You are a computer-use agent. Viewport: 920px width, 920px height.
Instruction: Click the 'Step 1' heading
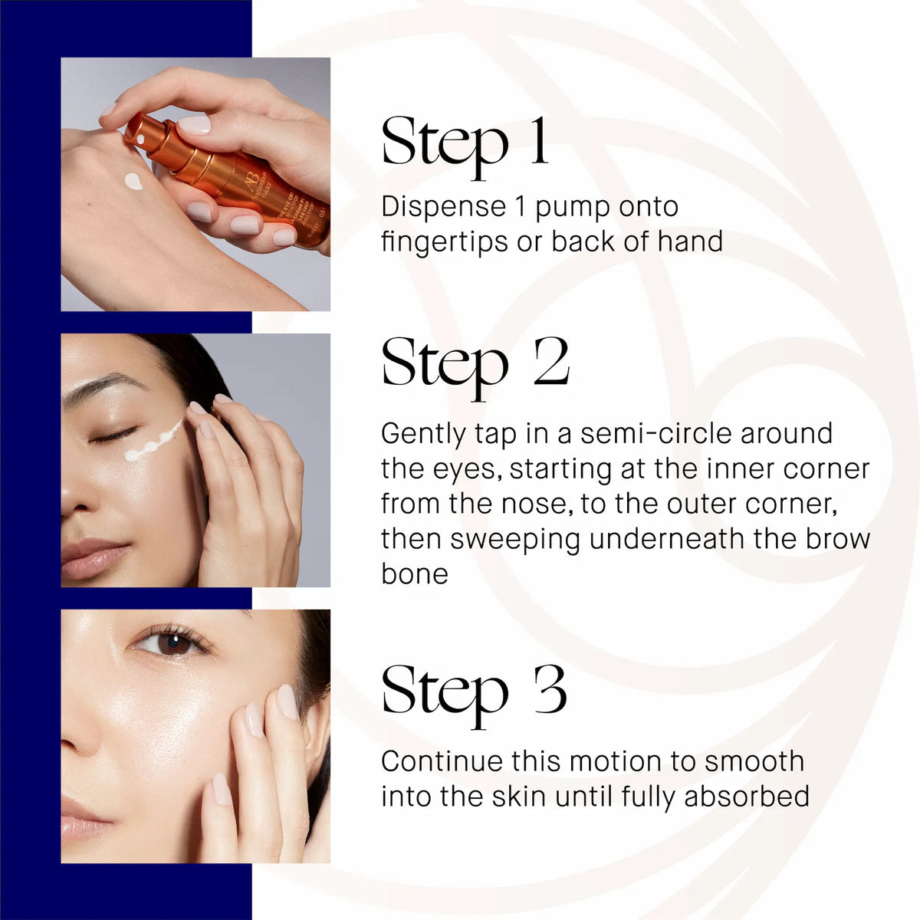465,143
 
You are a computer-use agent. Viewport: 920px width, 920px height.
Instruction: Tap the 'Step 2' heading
475,363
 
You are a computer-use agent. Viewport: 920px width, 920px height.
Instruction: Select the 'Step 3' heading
474,690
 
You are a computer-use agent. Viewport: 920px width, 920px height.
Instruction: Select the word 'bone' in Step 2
414,573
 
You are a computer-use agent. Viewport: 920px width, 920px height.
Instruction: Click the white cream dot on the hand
133,182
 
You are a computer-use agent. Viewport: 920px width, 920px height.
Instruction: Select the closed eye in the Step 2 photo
113,436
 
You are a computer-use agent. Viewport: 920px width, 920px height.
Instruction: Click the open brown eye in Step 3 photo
170,642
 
